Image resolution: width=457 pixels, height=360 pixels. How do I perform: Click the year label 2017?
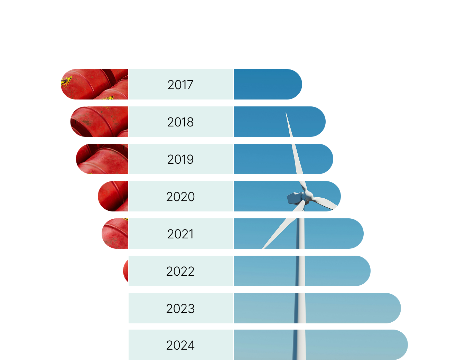pos(180,85)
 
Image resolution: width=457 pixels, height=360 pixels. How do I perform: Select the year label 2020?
pos(180,197)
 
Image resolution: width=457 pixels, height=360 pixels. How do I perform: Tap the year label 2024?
pos(180,345)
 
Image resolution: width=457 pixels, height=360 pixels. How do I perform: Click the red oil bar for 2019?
pos(102,159)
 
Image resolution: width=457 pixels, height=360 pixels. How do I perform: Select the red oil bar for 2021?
pos(115,234)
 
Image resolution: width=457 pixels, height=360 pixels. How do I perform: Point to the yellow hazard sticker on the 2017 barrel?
pos(66,81)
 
